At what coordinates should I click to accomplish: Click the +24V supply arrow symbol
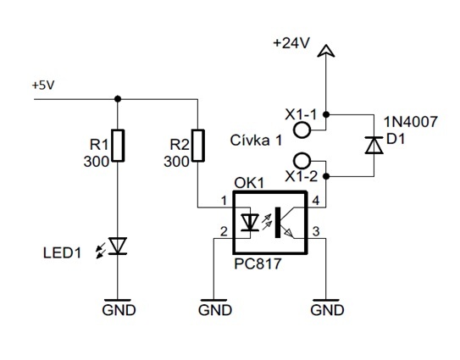[326, 51]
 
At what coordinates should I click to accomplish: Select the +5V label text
[43, 86]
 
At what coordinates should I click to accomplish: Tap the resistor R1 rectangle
[119, 146]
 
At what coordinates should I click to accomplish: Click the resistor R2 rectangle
[198, 146]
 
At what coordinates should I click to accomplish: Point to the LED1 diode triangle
[119, 246]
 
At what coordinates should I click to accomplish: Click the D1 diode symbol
[374, 145]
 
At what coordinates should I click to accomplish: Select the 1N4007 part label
[411, 121]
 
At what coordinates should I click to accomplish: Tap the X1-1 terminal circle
[302, 130]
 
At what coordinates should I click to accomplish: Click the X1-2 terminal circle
[302, 160]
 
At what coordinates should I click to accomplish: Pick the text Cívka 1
[256, 141]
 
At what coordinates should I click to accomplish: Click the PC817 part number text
[258, 263]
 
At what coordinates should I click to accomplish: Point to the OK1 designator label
[249, 183]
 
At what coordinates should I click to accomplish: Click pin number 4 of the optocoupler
[316, 201]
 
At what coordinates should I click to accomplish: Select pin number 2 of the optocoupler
[224, 232]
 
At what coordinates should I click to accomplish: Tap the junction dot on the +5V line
[118, 99]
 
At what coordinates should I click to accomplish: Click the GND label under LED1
[119, 310]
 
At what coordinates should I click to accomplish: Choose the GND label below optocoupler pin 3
[327, 310]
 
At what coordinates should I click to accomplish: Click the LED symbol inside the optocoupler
[250, 223]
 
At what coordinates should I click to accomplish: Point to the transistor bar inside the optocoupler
[278, 223]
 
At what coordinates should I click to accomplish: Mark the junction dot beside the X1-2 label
[326, 176]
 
